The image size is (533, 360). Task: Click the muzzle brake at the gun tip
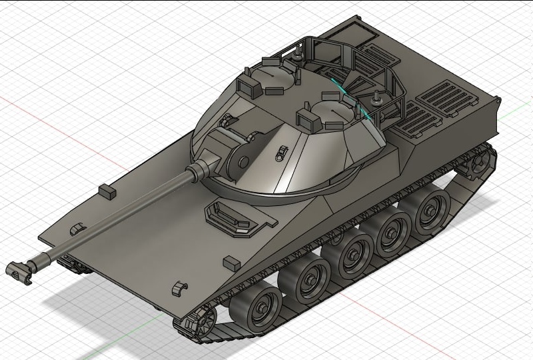point(20,270)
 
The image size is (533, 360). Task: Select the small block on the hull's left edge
point(107,191)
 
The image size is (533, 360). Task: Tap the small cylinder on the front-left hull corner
point(78,229)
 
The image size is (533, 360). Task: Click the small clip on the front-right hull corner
point(176,289)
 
